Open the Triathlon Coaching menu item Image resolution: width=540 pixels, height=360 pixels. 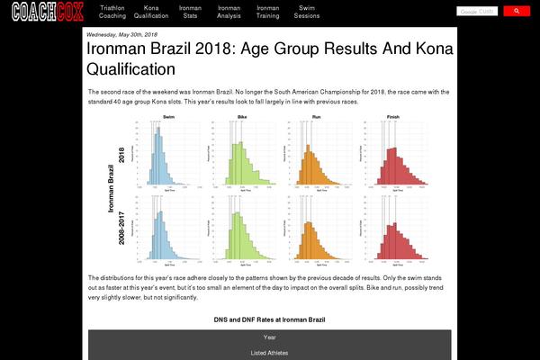click(x=112, y=12)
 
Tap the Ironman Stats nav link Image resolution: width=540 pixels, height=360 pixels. click(x=190, y=12)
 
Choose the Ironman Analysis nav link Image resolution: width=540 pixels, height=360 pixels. click(x=229, y=12)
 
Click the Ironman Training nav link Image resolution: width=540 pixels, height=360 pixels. click(x=267, y=12)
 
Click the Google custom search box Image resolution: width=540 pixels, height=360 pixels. click(x=477, y=12)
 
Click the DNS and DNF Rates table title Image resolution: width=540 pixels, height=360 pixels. click(x=269, y=319)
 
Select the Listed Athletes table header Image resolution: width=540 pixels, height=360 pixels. click(x=269, y=353)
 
